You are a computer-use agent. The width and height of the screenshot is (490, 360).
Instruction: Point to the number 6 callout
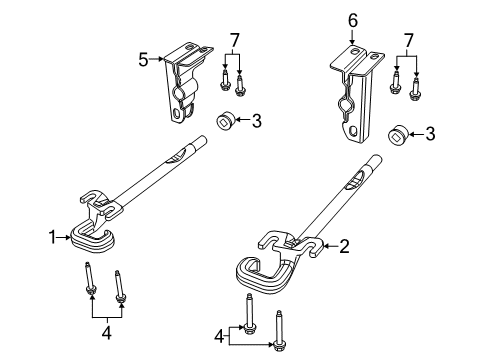[351, 19]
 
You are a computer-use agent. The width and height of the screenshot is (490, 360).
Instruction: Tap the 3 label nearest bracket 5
[257, 121]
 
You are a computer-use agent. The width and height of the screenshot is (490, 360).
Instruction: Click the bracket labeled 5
[183, 85]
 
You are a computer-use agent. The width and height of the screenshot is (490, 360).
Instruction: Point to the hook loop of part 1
[91, 238]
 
